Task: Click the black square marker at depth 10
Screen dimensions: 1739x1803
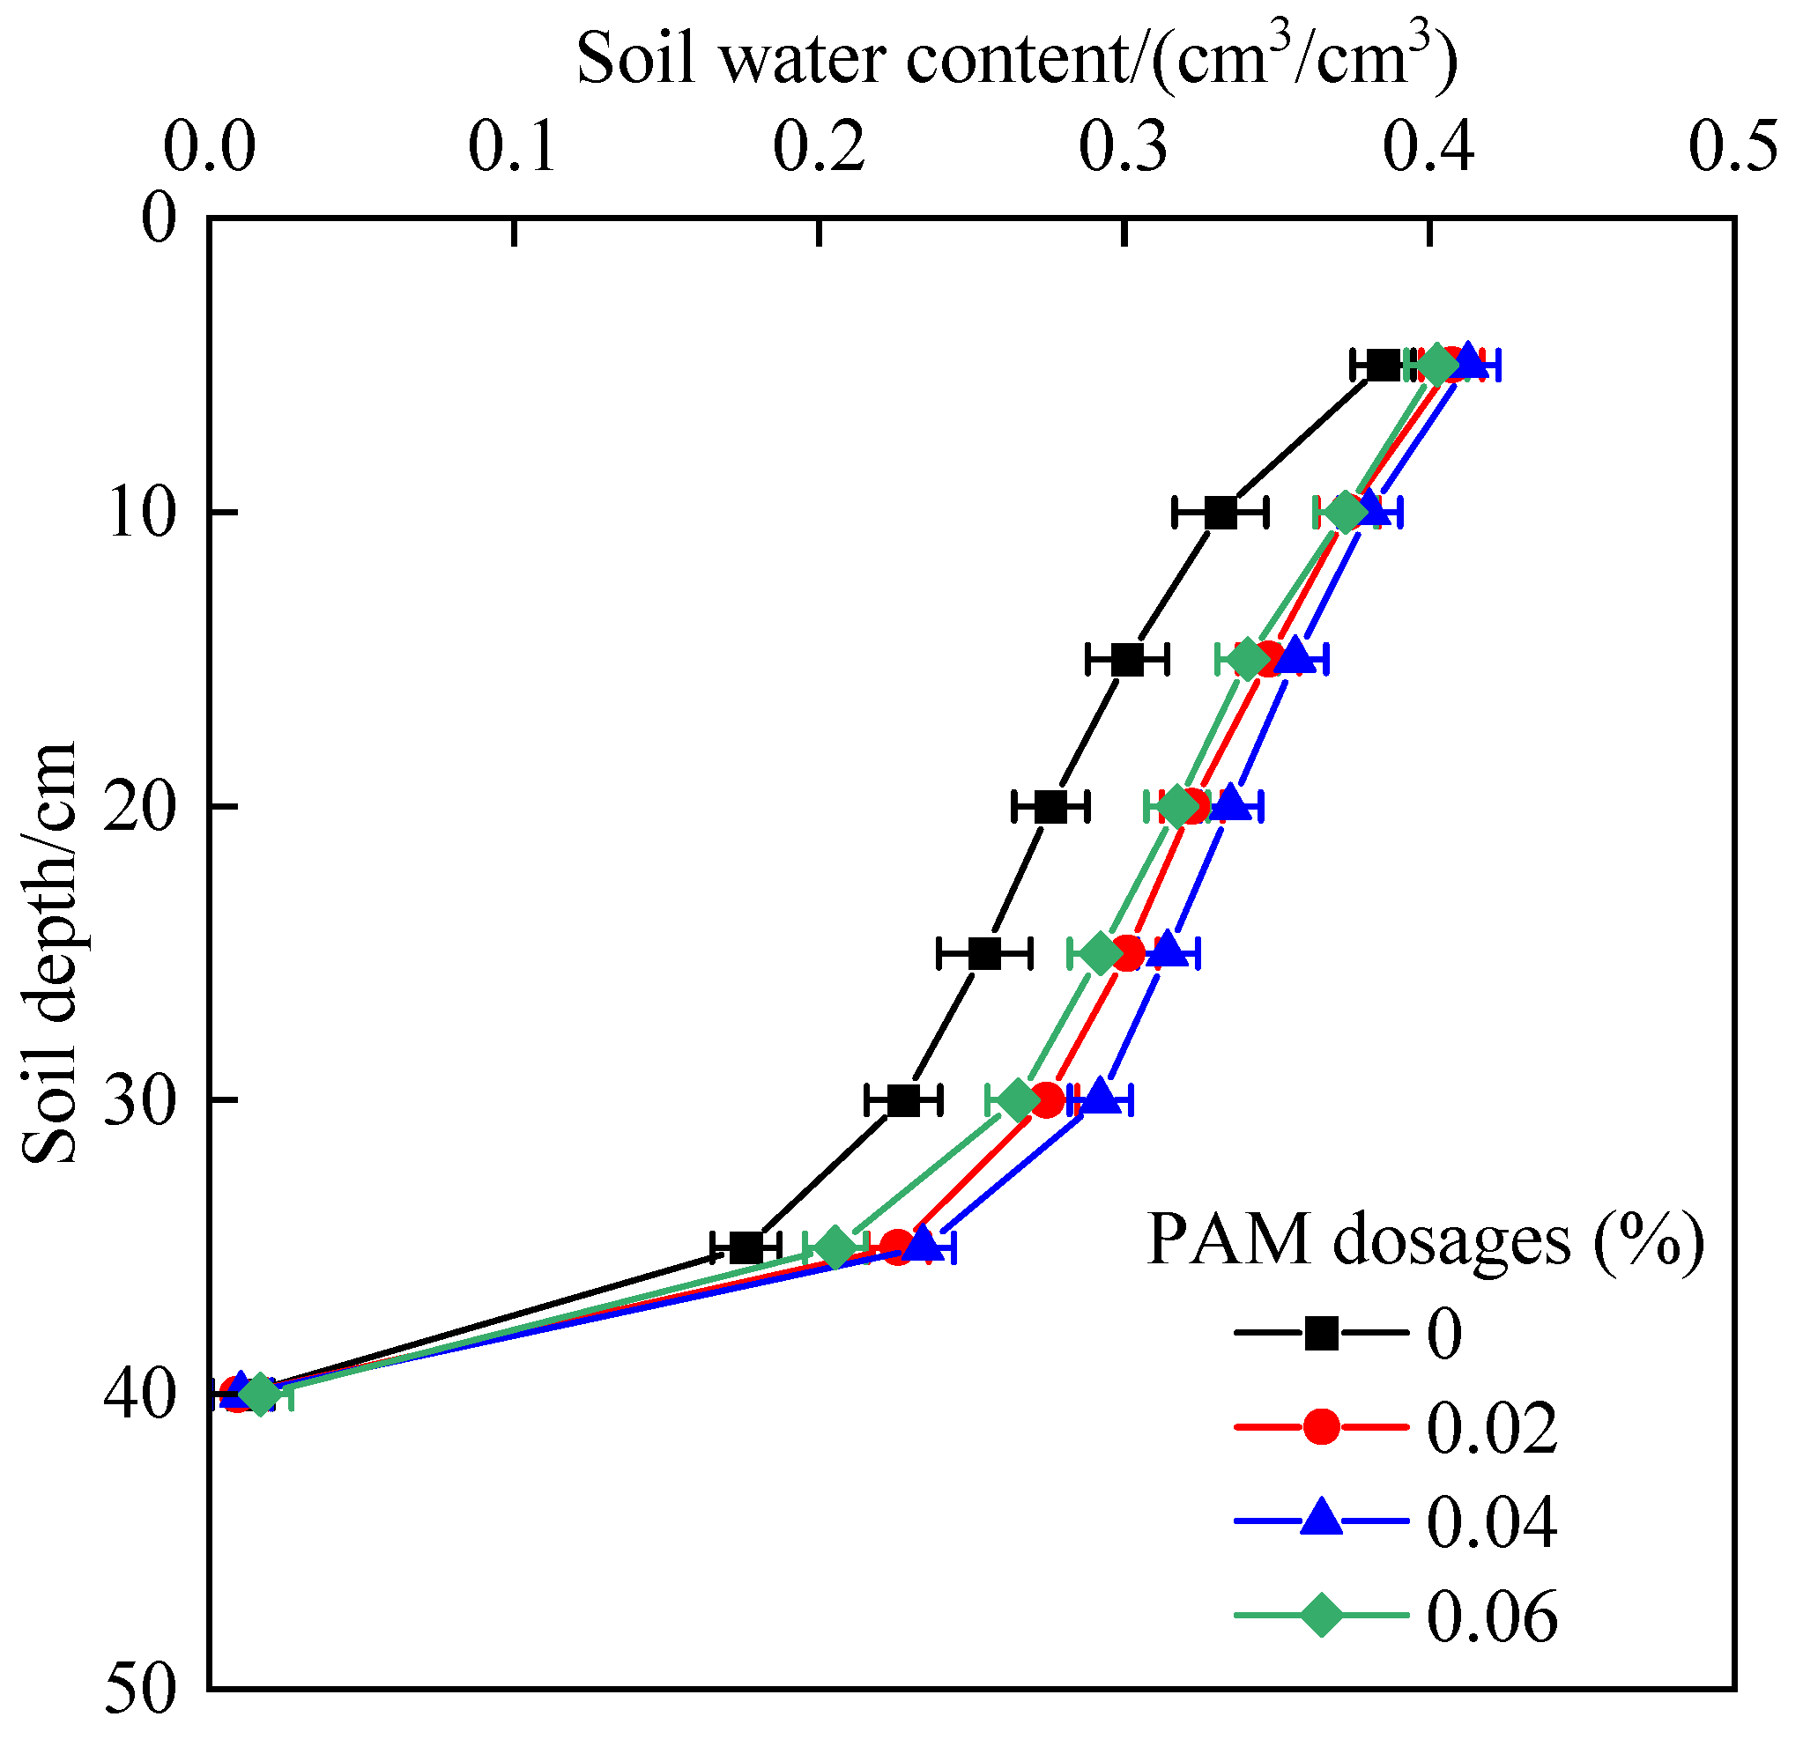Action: (1220, 512)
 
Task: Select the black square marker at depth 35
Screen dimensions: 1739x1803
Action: (746, 1248)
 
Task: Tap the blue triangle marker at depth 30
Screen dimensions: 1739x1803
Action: (1100, 1099)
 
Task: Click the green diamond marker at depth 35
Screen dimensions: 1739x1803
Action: (835, 1247)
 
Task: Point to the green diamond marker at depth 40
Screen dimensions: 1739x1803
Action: (260, 1395)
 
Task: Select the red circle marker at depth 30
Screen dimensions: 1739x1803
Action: (1047, 1099)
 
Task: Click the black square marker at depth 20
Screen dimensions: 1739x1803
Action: (1050, 806)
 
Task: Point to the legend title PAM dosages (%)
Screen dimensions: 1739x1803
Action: (1425, 1240)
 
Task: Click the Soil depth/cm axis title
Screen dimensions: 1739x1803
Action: (50, 952)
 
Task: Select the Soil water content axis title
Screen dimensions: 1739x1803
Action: (1016, 57)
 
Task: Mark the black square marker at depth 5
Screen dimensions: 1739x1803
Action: (1382, 365)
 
